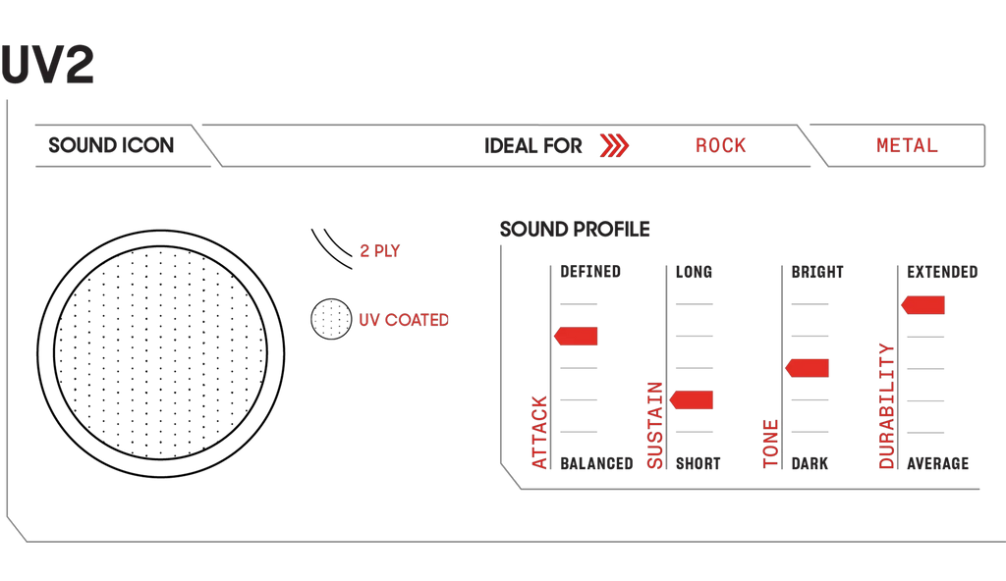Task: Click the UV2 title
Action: (x=47, y=64)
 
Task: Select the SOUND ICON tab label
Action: (x=111, y=145)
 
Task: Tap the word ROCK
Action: (x=720, y=145)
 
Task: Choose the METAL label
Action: (x=907, y=145)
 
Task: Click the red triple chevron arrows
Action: (x=614, y=145)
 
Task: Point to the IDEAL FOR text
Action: (x=533, y=145)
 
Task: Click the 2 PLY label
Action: (x=380, y=250)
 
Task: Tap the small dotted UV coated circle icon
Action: (x=331, y=319)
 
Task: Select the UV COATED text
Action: (x=404, y=319)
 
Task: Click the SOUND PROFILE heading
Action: (x=575, y=229)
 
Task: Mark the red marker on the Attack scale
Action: (x=576, y=336)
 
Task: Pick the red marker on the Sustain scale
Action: (x=691, y=399)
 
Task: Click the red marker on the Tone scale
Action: (x=807, y=367)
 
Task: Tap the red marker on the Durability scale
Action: (x=922, y=304)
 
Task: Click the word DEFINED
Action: (x=590, y=272)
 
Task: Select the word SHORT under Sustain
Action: (x=699, y=463)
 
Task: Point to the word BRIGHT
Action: (x=817, y=272)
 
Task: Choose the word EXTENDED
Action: (x=942, y=272)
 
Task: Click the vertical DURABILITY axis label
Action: (x=887, y=406)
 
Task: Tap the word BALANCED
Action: (x=596, y=463)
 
